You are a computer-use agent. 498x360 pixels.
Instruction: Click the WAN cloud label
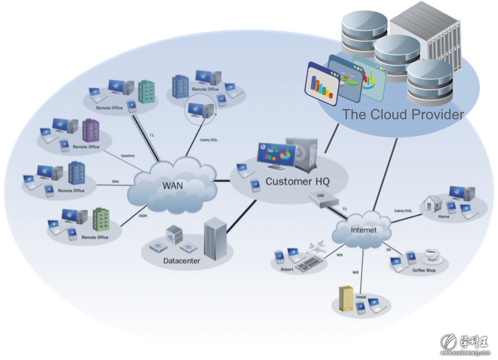(x=173, y=186)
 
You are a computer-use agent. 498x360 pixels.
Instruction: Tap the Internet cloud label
(x=363, y=230)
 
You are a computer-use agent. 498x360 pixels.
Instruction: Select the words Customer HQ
(x=297, y=181)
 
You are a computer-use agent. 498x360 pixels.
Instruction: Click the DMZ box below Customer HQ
(x=323, y=199)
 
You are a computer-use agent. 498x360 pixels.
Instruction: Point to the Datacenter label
(x=181, y=261)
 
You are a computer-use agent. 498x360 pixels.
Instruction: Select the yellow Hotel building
(x=346, y=298)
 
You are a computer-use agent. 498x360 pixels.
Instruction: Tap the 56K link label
(x=115, y=181)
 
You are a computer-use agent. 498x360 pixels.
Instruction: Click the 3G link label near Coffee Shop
(x=388, y=250)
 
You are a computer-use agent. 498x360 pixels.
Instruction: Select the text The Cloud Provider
(x=403, y=115)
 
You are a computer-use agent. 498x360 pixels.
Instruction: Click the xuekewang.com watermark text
(x=465, y=353)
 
